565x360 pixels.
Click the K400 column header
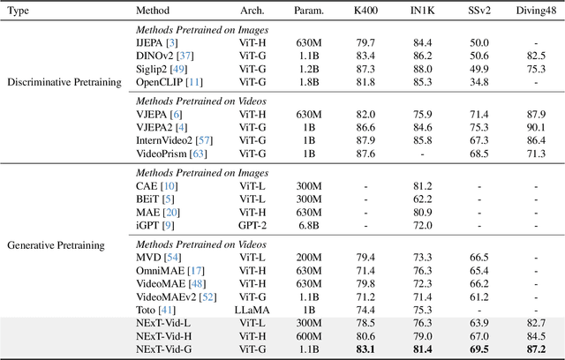[365, 11]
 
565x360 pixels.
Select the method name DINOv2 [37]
[165, 54]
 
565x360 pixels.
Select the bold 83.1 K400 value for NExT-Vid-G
[364, 349]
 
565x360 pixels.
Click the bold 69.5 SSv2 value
[478, 349]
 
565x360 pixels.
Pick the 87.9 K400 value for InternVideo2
[364, 139]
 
